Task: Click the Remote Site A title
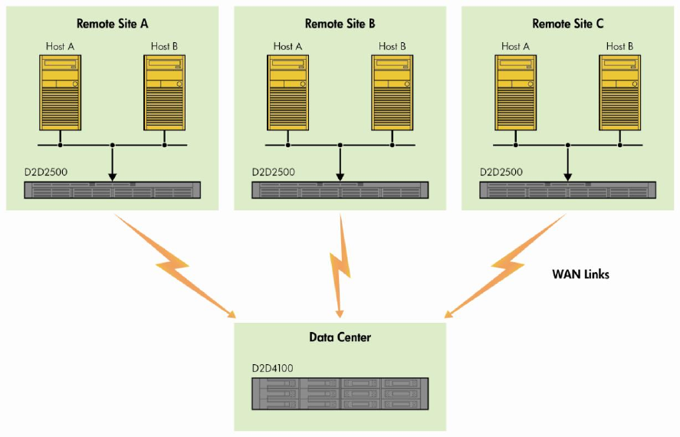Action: point(112,24)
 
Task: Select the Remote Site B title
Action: point(340,24)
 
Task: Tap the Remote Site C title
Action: point(568,24)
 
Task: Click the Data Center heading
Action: point(340,337)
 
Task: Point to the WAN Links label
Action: point(581,274)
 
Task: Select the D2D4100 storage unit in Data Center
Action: point(340,393)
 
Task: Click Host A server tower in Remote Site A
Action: point(60,92)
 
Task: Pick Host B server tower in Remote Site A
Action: point(165,92)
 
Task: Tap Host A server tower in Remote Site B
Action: point(287,92)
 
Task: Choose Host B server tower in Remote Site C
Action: point(619,92)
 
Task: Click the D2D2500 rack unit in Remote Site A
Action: point(112,190)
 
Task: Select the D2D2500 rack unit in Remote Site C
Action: point(568,190)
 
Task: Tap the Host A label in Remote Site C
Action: point(515,47)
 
